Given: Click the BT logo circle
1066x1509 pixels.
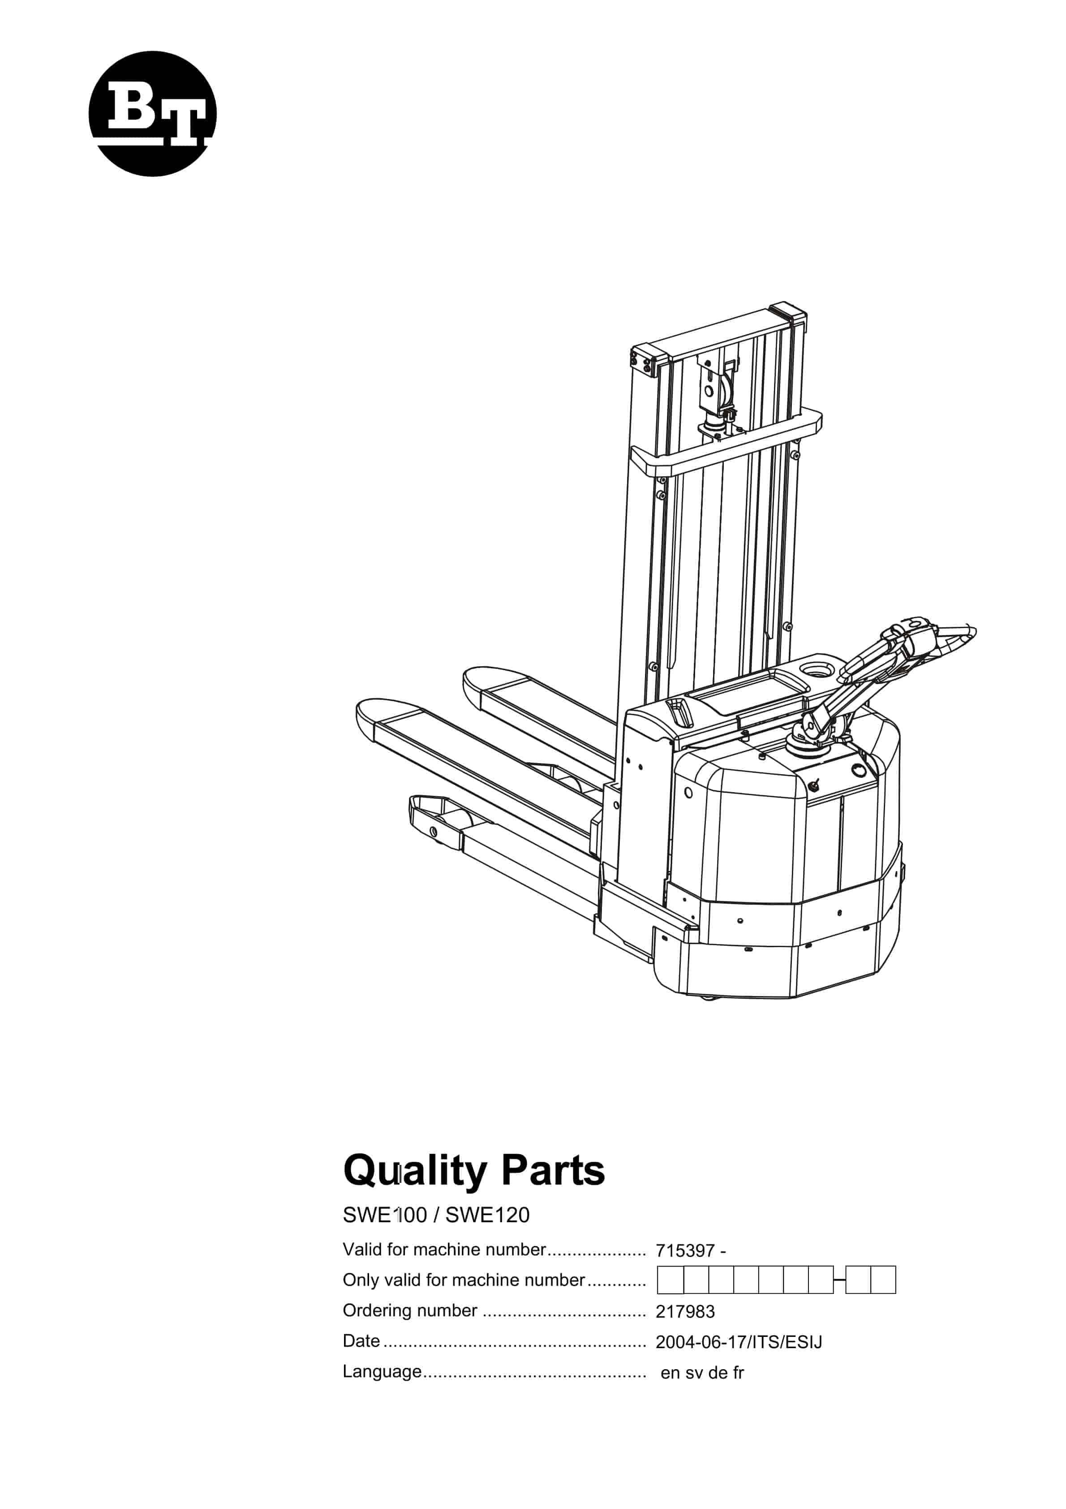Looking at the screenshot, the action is [x=152, y=114].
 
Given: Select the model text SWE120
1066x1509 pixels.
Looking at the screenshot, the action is [x=487, y=1215].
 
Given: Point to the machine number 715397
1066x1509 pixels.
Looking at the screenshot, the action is [x=685, y=1251].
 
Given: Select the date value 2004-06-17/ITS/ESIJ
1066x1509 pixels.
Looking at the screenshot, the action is [x=739, y=1342].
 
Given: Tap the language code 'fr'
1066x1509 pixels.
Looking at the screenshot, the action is [x=738, y=1372].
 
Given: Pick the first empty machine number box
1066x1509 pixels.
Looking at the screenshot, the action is [x=671, y=1280].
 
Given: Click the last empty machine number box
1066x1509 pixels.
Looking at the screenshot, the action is [x=883, y=1280].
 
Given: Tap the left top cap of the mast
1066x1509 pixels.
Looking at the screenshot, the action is [x=649, y=359].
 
